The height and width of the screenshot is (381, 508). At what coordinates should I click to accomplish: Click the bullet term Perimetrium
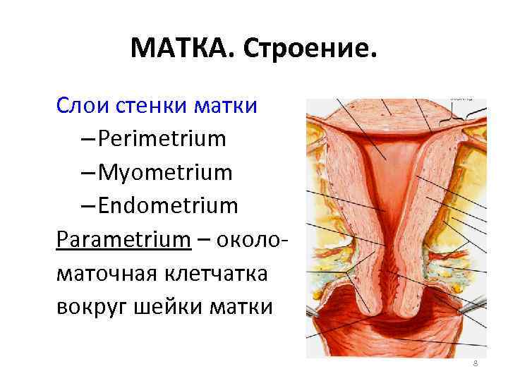coord(162,138)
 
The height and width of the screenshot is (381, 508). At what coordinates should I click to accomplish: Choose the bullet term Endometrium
coord(168,205)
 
